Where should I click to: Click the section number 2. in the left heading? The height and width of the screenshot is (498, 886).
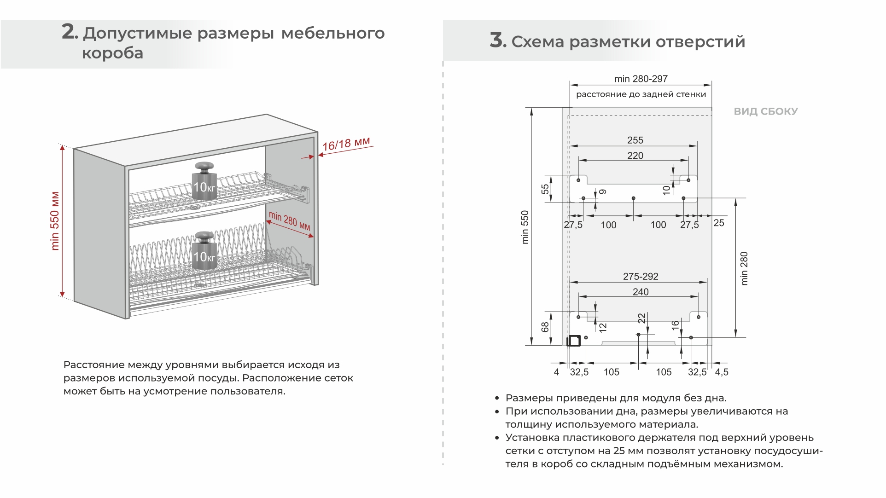pyautogui.click(x=70, y=32)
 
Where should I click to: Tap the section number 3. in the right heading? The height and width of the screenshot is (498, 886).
pyautogui.click(x=498, y=41)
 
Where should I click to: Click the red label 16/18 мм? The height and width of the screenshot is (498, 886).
pyautogui.click(x=346, y=144)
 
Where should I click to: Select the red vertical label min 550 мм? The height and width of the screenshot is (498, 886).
pyautogui.click(x=55, y=221)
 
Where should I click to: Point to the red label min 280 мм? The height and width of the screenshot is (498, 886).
pyautogui.click(x=289, y=220)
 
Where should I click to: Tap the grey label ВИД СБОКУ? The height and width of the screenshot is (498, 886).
pyautogui.click(x=765, y=111)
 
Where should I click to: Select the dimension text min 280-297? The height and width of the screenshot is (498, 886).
pyautogui.click(x=641, y=79)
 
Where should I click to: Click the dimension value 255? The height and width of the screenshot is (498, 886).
pyautogui.click(x=635, y=140)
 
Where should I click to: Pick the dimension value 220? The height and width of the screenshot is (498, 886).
pyautogui.click(x=635, y=156)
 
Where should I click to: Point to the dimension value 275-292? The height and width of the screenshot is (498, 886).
pyautogui.click(x=641, y=276)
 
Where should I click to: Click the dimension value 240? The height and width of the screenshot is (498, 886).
pyautogui.click(x=641, y=292)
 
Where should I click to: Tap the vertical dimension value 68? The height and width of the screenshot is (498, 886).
pyautogui.click(x=545, y=327)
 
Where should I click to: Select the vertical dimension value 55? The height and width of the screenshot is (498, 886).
pyautogui.click(x=545, y=189)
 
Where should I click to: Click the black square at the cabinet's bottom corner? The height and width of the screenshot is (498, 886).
pyautogui.click(x=574, y=341)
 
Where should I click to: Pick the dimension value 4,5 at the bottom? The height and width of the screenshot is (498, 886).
pyautogui.click(x=722, y=372)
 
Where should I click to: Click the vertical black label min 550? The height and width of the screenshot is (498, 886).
pyautogui.click(x=525, y=227)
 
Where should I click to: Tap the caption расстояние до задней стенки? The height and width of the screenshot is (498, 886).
pyautogui.click(x=641, y=94)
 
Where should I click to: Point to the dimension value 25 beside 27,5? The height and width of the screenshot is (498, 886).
pyautogui.click(x=719, y=223)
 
